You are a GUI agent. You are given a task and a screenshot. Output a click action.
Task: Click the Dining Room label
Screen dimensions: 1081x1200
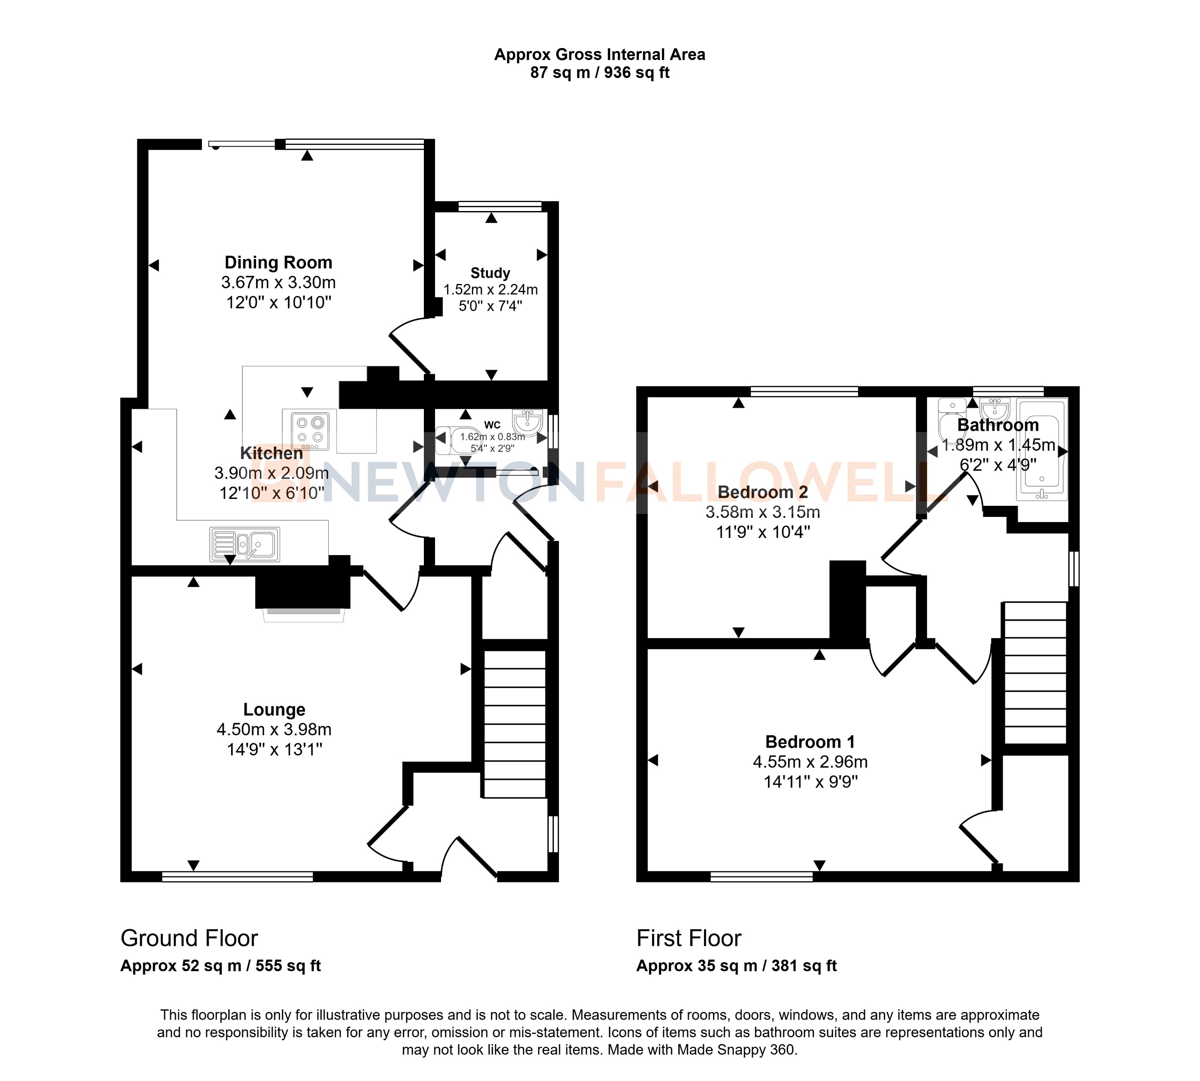(x=278, y=263)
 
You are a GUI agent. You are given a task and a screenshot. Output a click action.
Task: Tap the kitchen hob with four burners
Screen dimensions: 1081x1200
(x=309, y=430)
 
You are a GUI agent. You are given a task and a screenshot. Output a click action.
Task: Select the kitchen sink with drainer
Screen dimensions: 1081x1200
(x=245, y=544)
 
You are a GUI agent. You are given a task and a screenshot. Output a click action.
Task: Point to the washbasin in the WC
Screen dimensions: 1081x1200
(x=527, y=422)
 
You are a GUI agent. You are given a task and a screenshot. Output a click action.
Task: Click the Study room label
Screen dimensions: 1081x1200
(x=490, y=273)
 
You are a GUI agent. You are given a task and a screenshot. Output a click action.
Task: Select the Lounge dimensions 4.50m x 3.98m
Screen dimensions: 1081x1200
(x=274, y=729)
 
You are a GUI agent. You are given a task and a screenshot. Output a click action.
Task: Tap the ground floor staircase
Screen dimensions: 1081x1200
(x=514, y=723)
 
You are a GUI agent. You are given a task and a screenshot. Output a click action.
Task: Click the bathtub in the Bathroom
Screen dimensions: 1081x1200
(x=1042, y=450)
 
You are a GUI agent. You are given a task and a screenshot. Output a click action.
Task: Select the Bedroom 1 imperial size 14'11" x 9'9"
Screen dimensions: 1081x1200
(x=810, y=782)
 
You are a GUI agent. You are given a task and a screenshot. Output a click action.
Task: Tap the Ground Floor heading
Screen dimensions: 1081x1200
(x=189, y=939)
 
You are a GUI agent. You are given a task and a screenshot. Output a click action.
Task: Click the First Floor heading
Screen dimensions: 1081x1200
(x=689, y=939)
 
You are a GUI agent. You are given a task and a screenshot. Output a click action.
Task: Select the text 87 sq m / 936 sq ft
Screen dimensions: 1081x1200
(x=599, y=72)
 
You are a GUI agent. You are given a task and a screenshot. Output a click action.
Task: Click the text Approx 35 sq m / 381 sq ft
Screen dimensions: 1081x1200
(x=736, y=966)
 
